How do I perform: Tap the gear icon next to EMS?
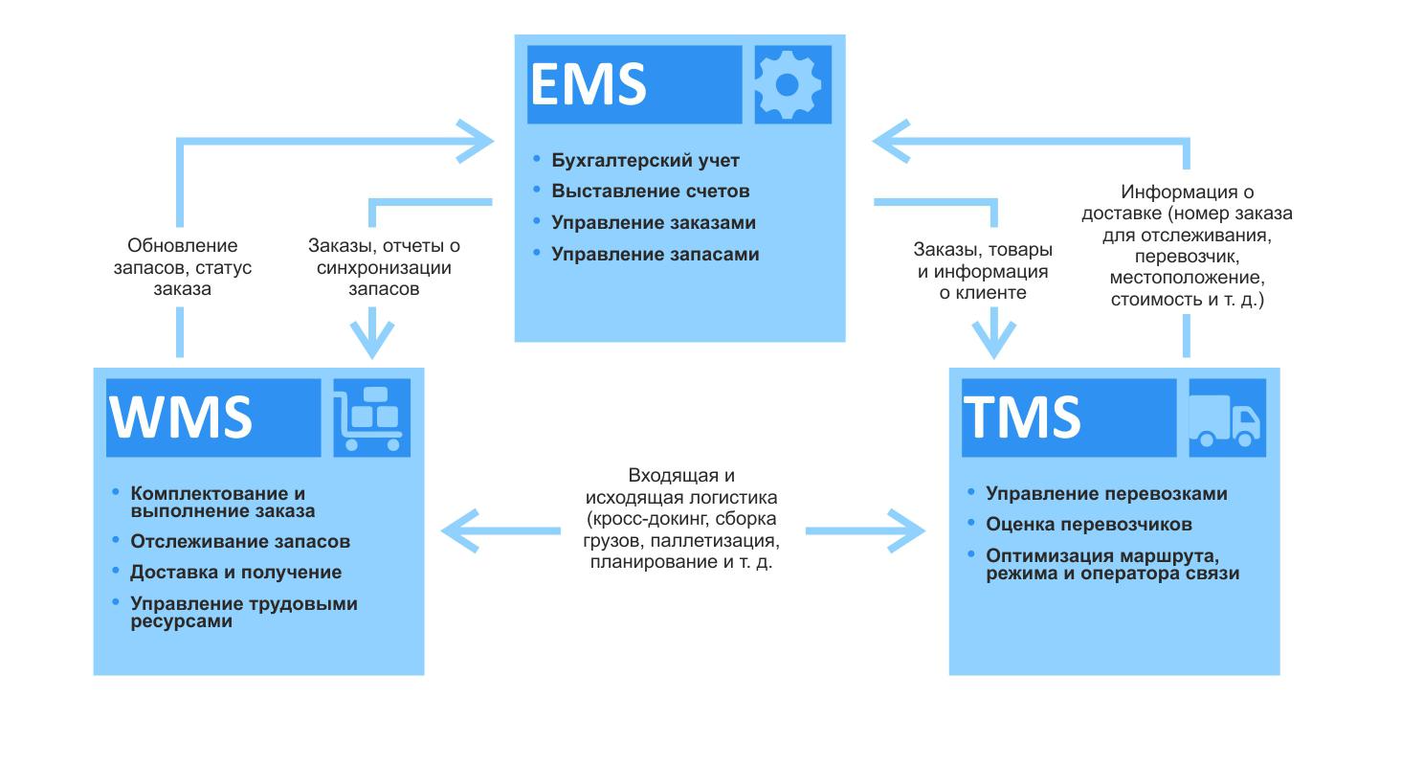pyautogui.click(x=788, y=84)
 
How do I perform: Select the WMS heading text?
pyautogui.click(x=182, y=417)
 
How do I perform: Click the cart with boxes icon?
pyautogui.click(x=371, y=417)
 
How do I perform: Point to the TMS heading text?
pyautogui.click(x=1022, y=417)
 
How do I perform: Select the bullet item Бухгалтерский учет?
pyautogui.click(x=646, y=161)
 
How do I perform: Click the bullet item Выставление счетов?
pyautogui.click(x=651, y=191)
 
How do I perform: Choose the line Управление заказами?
pyautogui.click(x=654, y=223)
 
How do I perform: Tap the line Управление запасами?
pyautogui.click(x=656, y=255)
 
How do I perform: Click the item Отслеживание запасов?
pyautogui.click(x=240, y=542)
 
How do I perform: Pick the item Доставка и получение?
pyautogui.click(x=236, y=573)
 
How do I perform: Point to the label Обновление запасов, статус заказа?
pyautogui.click(x=183, y=267)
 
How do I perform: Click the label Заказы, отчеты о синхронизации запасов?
pyautogui.click(x=383, y=267)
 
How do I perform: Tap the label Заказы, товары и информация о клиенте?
pyautogui.click(x=983, y=272)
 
